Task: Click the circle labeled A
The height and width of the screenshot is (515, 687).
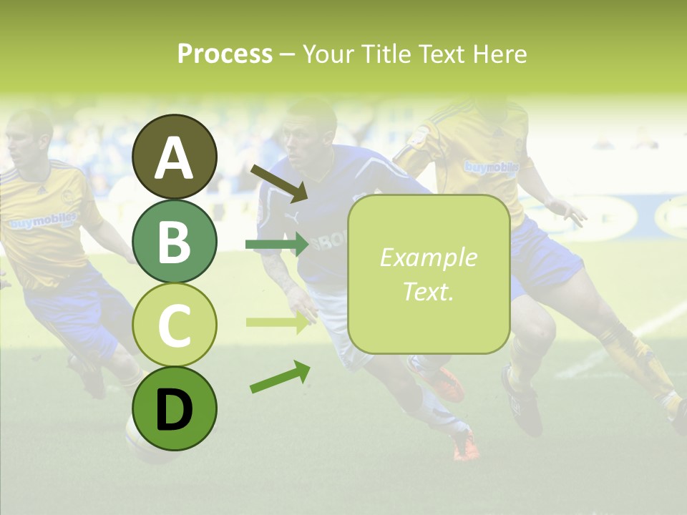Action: click(x=175, y=157)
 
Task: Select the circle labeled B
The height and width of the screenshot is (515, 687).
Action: click(x=175, y=241)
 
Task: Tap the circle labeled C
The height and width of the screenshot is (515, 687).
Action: click(x=175, y=325)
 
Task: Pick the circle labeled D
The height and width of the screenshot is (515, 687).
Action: click(x=175, y=408)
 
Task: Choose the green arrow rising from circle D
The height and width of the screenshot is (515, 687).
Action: click(x=280, y=377)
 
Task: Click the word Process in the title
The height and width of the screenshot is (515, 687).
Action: click(x=225, y=54)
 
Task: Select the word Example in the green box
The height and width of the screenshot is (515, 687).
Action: click(x=428, y=257)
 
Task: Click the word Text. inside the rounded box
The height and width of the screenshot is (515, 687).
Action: click(x=428, y=291)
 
